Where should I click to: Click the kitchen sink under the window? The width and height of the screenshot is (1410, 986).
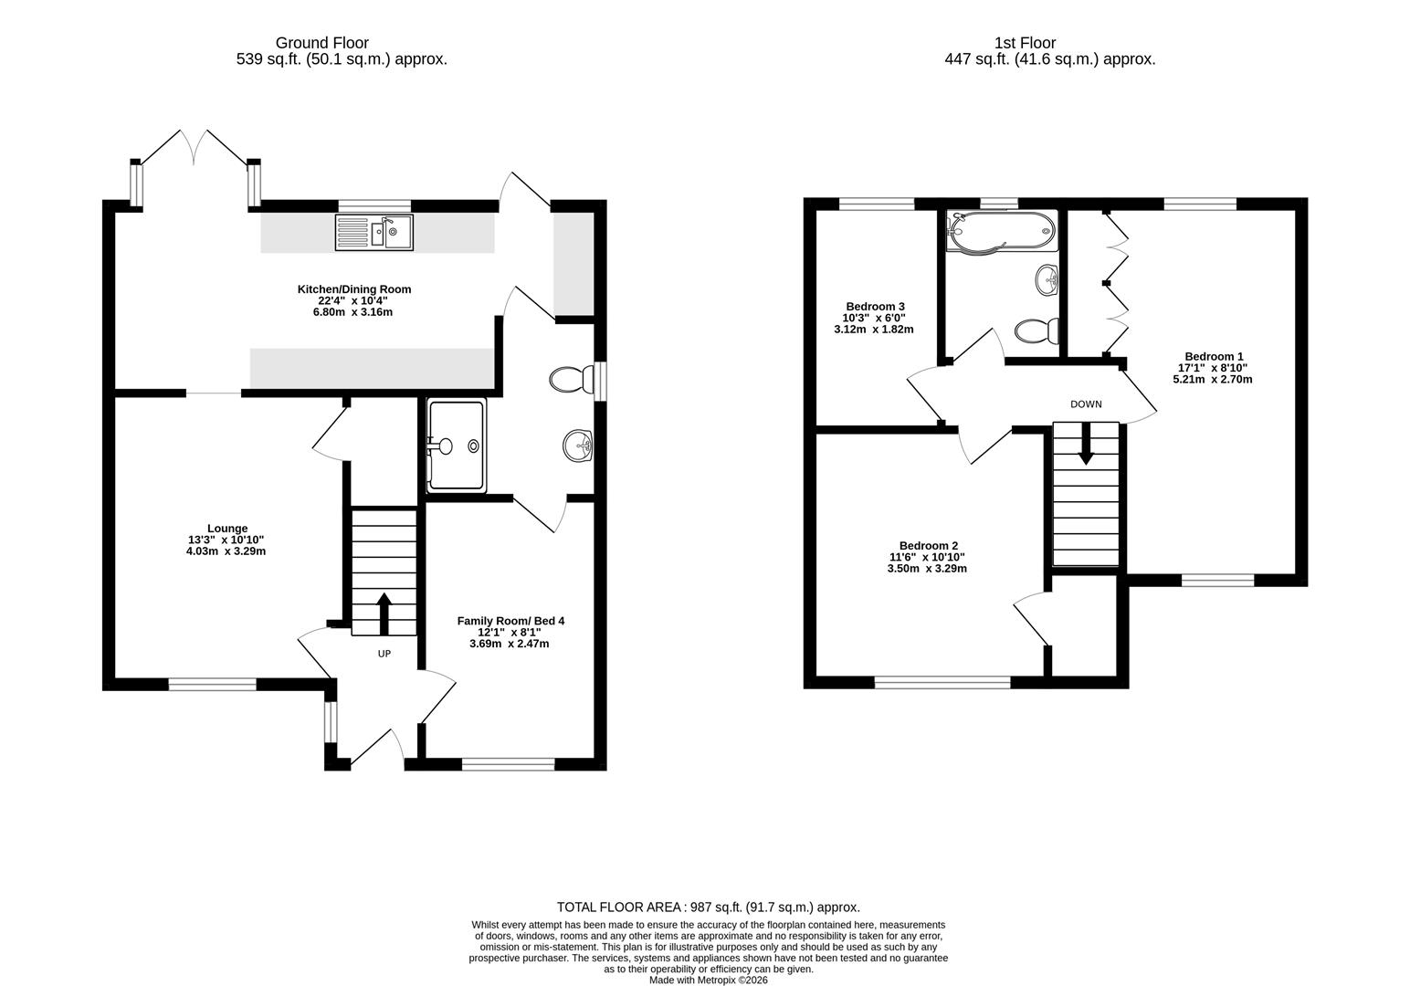click(374, 232)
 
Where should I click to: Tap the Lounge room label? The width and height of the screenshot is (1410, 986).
click(227, 529)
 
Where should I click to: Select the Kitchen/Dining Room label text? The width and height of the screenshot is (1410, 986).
click(354, 289)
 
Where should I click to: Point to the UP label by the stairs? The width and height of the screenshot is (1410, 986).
click(384, 654)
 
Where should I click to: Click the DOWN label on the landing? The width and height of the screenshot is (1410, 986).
click(1086, 404)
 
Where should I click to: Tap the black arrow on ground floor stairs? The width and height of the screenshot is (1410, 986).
click(384, 614)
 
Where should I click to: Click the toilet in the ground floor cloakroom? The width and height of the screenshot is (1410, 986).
click(570, 379)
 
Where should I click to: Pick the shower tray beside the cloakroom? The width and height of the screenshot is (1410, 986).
click(456, 446)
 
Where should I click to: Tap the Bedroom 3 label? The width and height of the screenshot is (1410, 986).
click(875, 306)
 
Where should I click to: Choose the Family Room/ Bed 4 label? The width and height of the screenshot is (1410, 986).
click(510, 621)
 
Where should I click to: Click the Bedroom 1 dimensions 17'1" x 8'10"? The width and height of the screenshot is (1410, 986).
click(1213, 368)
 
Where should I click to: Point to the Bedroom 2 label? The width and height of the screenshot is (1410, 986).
click(927, 545)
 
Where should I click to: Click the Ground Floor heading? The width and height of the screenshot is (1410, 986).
click(322, 43)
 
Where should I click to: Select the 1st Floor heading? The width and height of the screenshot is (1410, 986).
click(1025, 43)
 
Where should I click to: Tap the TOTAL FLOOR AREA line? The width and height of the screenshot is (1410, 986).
click(708, 907)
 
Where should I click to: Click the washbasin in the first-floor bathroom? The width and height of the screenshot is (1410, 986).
click(1047, 278)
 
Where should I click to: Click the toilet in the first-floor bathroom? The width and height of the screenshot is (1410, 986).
click(1037, 330)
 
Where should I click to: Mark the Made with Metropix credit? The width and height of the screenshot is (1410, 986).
click(708, 981)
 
